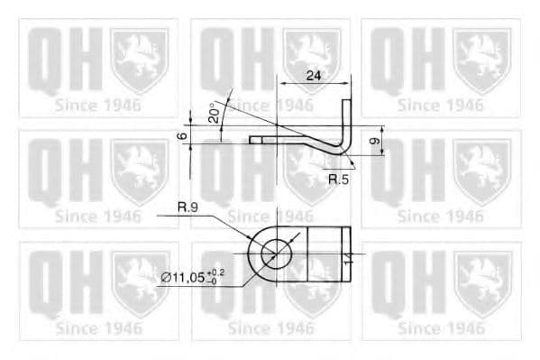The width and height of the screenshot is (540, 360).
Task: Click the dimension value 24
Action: pos(314,76)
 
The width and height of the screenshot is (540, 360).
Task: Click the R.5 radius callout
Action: pos(338,180)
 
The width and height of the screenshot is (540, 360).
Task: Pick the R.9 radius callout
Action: pos(188,208)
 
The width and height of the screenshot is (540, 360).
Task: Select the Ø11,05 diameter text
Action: pos(181,278)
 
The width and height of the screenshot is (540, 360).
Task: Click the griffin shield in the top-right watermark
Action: pos(481,58)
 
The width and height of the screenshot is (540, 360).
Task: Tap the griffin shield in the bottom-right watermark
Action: pos(481,282)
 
